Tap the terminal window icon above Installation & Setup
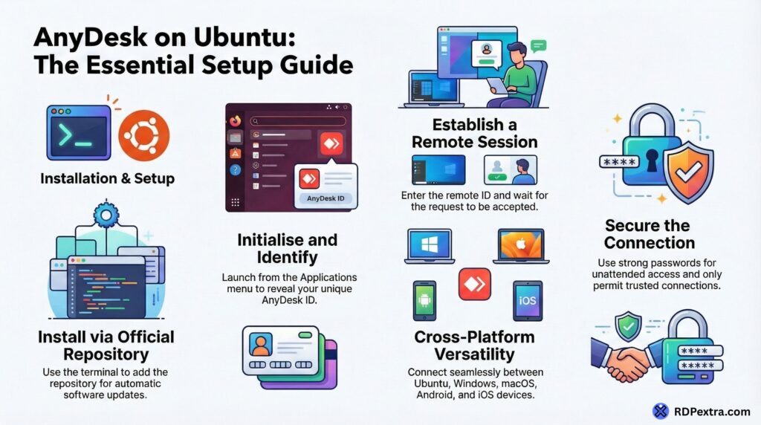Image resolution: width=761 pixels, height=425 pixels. click(x=79, y=132)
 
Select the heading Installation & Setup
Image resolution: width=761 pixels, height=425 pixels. click(x=107, y=178)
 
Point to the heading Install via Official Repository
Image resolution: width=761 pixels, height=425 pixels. click(x=106, y=345)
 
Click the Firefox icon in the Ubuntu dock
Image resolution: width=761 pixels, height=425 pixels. click(x=236, y=120)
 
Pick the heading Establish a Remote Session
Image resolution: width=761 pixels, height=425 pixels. click(x=474, y=132)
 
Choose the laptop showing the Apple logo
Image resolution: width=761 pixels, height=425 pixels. click(x=519, y=246)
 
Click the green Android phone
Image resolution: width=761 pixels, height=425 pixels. click(x=424, y=300)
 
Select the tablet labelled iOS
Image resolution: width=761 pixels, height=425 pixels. click(x=527, y=300)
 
